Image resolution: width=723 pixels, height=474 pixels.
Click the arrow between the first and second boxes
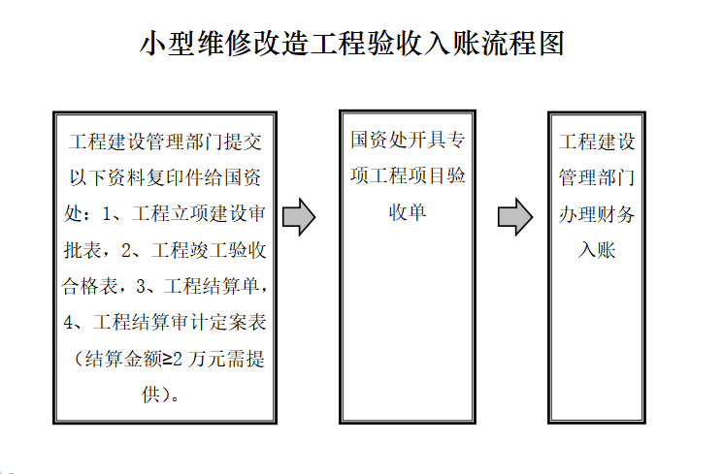(299, 217)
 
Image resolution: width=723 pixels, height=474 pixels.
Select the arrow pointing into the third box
(515, 217)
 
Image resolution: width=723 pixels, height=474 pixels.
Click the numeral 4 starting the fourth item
(68, 323)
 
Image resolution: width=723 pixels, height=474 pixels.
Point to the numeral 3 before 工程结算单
(141, 287)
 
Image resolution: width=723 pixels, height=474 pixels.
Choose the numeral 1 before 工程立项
(107, 214)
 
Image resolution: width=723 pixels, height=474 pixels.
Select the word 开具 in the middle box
(427, 140)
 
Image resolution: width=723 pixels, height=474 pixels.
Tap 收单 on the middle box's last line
(408, 212)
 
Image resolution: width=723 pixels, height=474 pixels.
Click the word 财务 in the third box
(616, 214)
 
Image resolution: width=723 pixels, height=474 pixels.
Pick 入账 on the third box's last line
(597, 250)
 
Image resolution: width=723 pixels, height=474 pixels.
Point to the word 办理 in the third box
(577, 214)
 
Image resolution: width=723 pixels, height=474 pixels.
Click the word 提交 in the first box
(243, 142)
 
